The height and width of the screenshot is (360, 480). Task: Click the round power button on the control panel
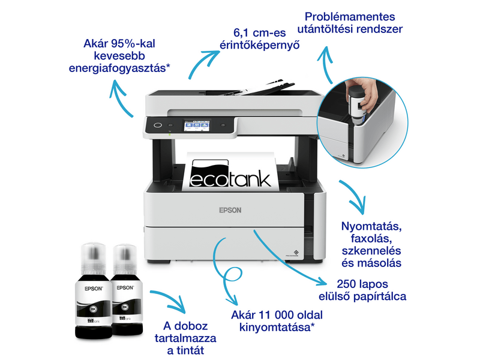[158, 126]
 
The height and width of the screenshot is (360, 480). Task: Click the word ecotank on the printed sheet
[231, 178]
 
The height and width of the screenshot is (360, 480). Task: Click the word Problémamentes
[350, 16]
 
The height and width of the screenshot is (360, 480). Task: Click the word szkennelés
[371, 250]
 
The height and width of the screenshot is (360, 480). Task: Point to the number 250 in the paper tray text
[334, 283]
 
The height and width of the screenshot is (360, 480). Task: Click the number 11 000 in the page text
[280, 314]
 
